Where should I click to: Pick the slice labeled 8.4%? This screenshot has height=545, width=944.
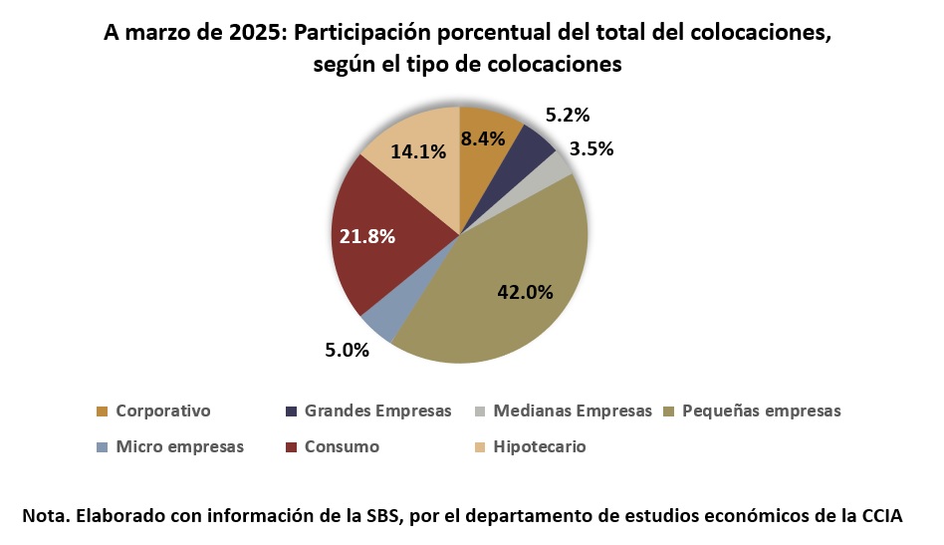[486, 139]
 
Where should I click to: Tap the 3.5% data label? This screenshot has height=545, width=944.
[590, 150]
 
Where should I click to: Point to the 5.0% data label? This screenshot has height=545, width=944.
[348, 350]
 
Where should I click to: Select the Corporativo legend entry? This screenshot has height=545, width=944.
[162, 410]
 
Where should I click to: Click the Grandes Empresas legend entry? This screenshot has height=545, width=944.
[377, 410]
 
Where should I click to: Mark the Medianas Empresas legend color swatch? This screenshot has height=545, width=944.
[480, 411]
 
